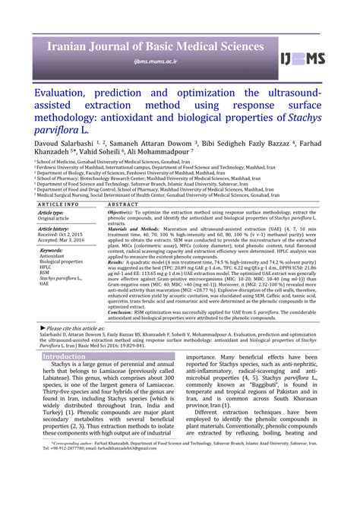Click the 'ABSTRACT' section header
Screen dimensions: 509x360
pos(123,204)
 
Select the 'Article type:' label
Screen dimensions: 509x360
pos(51,213)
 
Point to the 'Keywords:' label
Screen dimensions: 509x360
pos(51,249)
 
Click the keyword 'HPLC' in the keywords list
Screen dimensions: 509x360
pos(46,267)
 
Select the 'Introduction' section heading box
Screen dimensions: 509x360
pos(64,356)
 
